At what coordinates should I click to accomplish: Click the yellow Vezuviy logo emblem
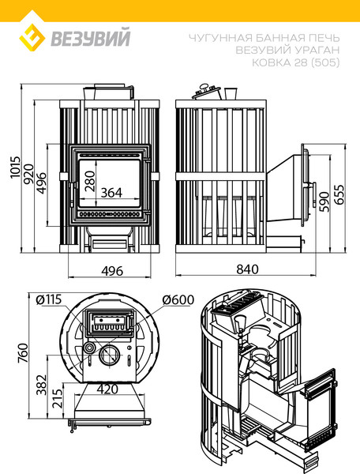click(x=32, y=38)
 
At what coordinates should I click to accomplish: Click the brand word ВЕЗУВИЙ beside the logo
click(x=91, y=37)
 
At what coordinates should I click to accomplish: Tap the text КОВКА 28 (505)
click(x=296, y=62)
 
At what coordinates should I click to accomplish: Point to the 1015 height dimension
click(x=15, y=167)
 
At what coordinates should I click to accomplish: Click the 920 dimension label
click(x=29, y=174)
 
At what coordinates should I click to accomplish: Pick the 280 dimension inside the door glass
click(x=90, y=181)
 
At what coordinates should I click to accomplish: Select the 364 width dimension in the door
click(x=111, y=193)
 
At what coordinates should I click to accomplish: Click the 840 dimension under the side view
click(x=247, y=269)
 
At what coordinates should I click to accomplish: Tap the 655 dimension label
click(x=340, y=194)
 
